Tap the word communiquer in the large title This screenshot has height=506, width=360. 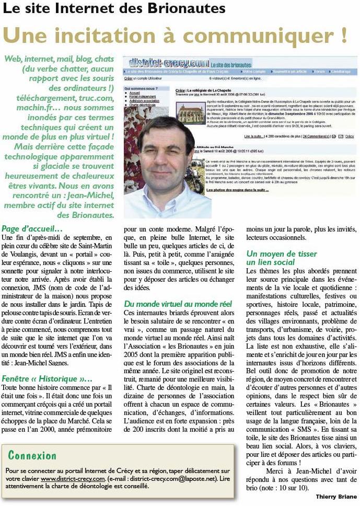[x=237, y=35]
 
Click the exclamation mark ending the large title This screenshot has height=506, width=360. [x=343, y=35]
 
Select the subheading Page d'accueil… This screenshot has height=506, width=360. [x=32, y=228]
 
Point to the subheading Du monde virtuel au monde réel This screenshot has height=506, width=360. [x=177, y=304]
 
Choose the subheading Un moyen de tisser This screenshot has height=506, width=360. [x=281, y=254]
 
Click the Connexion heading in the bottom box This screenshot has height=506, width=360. [x=32, y=455]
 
